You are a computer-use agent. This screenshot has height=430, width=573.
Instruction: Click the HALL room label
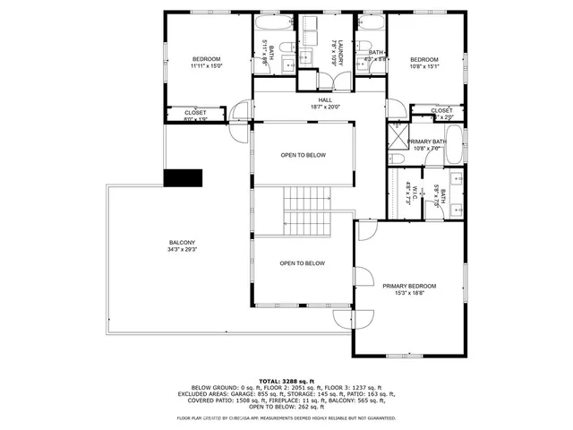[312, 99]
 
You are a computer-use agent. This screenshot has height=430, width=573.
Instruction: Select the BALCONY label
[182, 243]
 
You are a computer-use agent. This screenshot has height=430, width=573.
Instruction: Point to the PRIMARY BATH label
[426, 142]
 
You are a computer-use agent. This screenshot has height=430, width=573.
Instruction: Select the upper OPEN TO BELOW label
[303, 155]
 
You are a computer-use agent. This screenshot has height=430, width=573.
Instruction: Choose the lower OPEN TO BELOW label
[302, 263]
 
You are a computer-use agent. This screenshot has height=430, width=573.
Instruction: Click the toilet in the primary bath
[398, 159]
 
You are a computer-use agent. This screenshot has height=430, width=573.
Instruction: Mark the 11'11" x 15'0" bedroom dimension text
[206, 66]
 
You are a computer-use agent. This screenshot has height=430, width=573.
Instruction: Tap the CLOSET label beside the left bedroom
[194, 112]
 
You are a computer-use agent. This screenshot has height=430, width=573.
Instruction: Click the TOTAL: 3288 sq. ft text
[286, 382]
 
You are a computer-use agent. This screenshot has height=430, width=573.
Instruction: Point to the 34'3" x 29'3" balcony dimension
[182, 251]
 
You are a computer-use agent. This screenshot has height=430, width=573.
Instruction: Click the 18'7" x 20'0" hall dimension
[312, 107]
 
